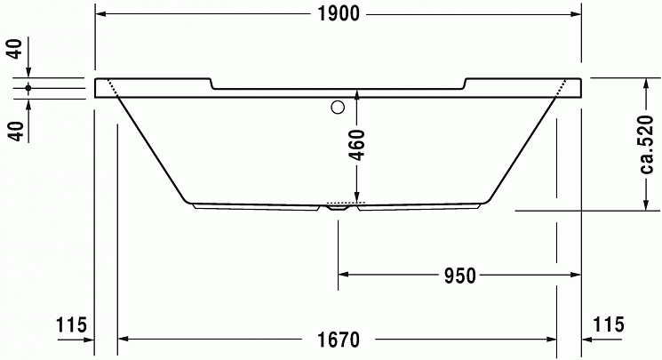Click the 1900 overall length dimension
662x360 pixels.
(x=339, y=14)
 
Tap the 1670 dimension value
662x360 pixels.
(x=339, y=340)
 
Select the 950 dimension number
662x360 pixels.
(x=459, y=276)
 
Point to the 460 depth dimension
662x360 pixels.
(x=357, y=145)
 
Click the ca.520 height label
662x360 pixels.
(x=646, y=145)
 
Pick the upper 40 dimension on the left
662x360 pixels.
(x=16, y=49)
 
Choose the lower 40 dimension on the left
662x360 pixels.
(x=16, y=131)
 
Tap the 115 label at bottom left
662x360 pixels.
(x=71, y=325)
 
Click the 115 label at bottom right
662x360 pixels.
(x=609, y=324)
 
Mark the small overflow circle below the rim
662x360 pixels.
(x=338, y=108)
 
